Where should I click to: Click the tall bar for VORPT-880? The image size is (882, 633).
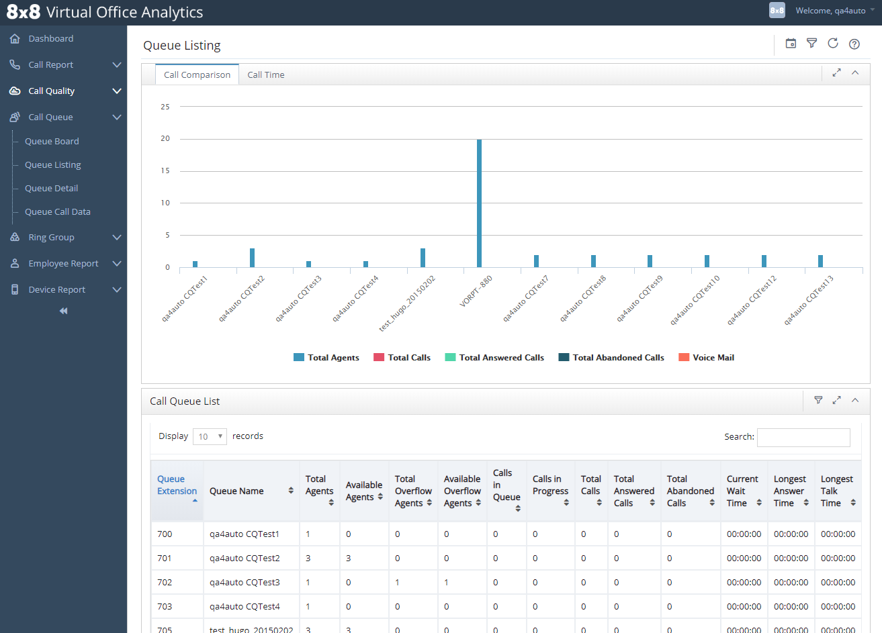click(479, 203)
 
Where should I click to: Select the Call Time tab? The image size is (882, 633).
click(265, 75)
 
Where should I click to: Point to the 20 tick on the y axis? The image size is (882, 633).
click(165, 139)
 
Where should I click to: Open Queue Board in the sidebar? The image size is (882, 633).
click(52, 141)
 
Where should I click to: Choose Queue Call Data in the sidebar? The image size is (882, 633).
click(57, 211)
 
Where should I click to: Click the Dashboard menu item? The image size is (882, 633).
click(50, 39)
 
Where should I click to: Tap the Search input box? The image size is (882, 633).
click(803, 437)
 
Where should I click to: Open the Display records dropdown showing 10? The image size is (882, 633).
click(210, 436)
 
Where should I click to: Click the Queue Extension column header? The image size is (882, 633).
click(177, 485)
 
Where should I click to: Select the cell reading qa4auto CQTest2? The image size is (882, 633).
click(245, 558)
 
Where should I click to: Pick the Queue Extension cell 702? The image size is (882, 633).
click(165, 582)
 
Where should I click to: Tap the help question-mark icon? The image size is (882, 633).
click(854, 44)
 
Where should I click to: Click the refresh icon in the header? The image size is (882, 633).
click(833, 44)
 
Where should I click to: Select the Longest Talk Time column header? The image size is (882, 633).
click(837, 491)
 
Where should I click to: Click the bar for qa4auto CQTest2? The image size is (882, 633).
click(252, 258)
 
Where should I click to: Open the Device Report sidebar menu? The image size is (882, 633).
click(56, 289)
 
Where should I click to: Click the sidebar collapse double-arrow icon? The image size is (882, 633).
click(63, 311)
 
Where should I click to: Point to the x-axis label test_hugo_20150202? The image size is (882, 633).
click(408, 303)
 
